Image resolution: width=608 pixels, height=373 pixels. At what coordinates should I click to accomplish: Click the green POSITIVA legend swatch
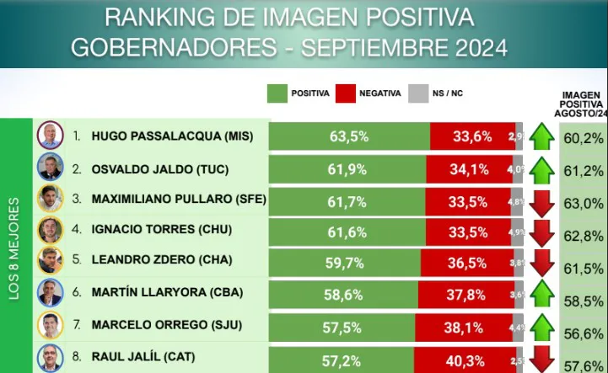[277, 93]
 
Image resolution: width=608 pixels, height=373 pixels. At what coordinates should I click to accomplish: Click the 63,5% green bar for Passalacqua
[349, 136]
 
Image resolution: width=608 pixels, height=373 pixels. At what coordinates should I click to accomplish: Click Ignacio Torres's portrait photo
[50, 230]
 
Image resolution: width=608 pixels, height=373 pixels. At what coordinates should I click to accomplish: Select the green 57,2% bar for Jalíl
[342, 360]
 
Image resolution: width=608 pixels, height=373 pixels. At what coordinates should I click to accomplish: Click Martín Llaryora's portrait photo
[50, 293]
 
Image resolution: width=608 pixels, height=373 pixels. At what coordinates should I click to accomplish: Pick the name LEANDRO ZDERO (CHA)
[159, 261]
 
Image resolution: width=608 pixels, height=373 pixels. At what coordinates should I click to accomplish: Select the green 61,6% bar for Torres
[347, 230]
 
